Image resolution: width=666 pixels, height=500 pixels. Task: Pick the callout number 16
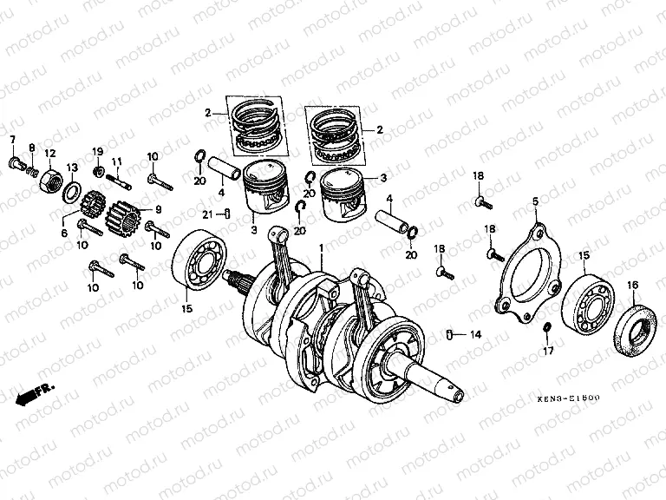tap(631, 286)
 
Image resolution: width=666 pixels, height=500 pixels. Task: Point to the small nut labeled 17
tap(546, 327)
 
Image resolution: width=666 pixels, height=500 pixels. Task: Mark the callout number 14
tap(474, 334)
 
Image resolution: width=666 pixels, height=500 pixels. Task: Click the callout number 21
tap(206, 214)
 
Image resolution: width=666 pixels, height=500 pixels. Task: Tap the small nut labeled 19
tap(98, 168)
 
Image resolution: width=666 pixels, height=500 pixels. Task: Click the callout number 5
tap(535, 201)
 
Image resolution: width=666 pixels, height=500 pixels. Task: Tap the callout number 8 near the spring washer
tap(31, 148)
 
